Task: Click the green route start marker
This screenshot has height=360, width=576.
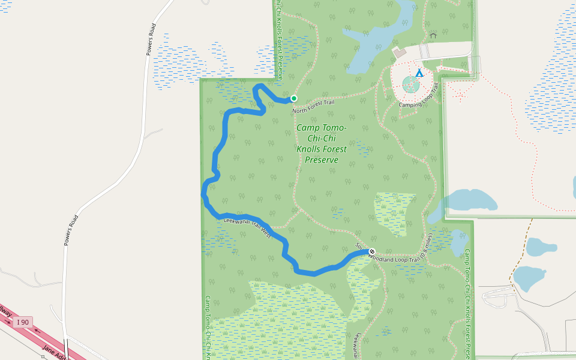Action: [294, 98]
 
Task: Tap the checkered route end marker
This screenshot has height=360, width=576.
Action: [372, 251]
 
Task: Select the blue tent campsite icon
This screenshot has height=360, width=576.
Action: [419, 73]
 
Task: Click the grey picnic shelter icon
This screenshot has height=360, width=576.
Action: [433, 35]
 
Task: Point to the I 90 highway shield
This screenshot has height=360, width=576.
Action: [23, 322]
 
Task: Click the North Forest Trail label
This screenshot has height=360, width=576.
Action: [313, 107]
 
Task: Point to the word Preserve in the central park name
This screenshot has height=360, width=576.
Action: [322, 160]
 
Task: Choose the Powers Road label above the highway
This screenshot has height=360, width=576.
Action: [70, 230]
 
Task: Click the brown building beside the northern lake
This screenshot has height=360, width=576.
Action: [400, 52]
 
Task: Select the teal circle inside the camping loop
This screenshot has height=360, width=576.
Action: [411, 84]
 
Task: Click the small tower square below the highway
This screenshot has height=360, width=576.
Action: [43, 356]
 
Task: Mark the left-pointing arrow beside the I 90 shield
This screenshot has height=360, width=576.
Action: [38, 330]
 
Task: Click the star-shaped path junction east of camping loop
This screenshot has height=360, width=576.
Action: [460, 94]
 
